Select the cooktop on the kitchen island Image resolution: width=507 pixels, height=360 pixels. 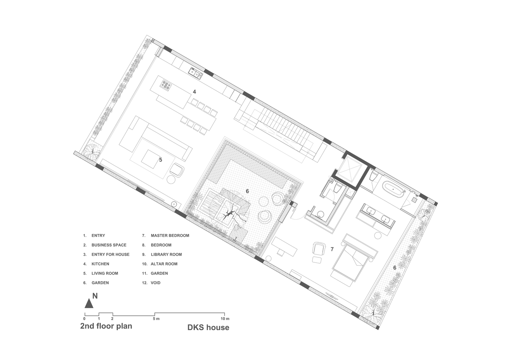pos(166,85)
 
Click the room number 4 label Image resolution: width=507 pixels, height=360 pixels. pos(194,92)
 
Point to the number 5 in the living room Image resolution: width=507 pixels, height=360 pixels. pos(160,159)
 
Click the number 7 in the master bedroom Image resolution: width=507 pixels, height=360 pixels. pos(332,249)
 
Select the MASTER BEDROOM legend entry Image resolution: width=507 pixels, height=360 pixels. pos(170,236)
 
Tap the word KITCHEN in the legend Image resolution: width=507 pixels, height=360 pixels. pos(100,264)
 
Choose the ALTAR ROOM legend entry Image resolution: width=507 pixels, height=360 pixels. pos(164,264)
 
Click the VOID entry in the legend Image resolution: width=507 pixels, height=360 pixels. pos(155,283)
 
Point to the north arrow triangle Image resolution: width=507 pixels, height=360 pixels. pos(89,303)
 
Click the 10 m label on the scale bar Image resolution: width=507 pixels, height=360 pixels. pos(225,319)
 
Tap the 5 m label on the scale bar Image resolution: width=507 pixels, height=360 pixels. pos(156,319)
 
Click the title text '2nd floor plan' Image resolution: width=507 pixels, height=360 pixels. pos(106,326)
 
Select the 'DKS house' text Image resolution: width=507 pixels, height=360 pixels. pos(208,328)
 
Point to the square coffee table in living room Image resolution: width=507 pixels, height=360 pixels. pos(150,158)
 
